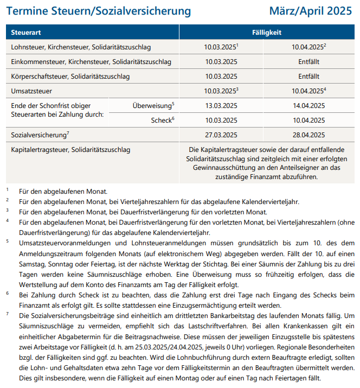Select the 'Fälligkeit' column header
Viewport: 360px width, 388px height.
coord(267,33)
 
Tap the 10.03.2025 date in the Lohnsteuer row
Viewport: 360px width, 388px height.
coord(220,47)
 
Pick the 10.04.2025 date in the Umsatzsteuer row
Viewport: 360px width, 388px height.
coord(307,91)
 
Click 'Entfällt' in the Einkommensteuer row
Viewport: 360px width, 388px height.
coord(308,62)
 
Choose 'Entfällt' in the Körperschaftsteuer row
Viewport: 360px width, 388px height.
coord(308,77)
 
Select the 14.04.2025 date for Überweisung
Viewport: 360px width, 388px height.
coord(308,106)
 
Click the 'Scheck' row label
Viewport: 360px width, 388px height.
coord(162,120)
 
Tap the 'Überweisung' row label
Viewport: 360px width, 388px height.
coord(152,105)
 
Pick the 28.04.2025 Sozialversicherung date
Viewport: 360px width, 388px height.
coord(308,135)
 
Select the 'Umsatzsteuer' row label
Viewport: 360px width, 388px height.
coord(31,91)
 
